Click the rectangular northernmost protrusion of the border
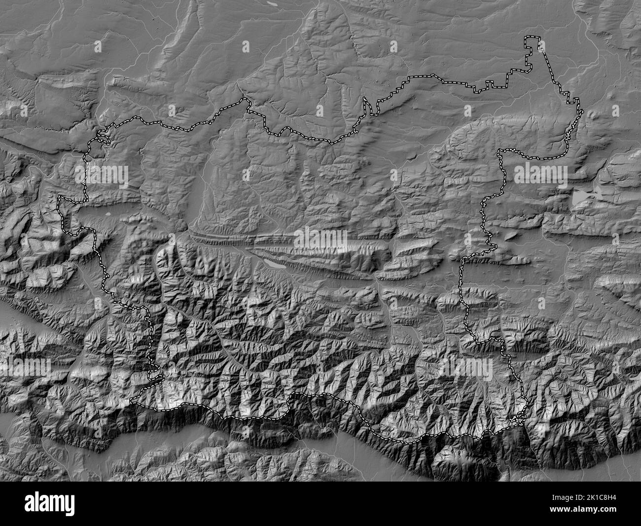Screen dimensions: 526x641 532,42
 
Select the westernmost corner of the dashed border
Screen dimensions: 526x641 59,198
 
